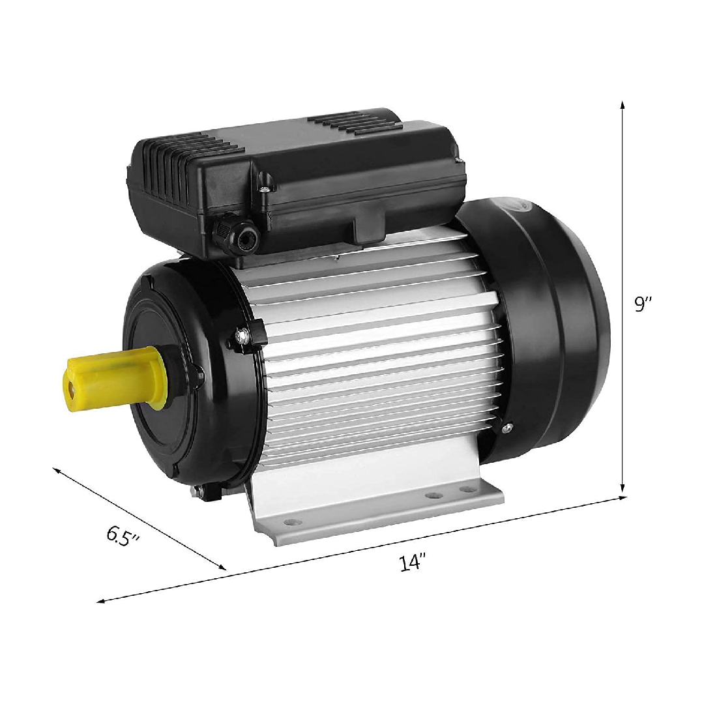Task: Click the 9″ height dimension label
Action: click(x=643, y=304)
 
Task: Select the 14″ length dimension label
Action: click(x=412, y=562)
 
